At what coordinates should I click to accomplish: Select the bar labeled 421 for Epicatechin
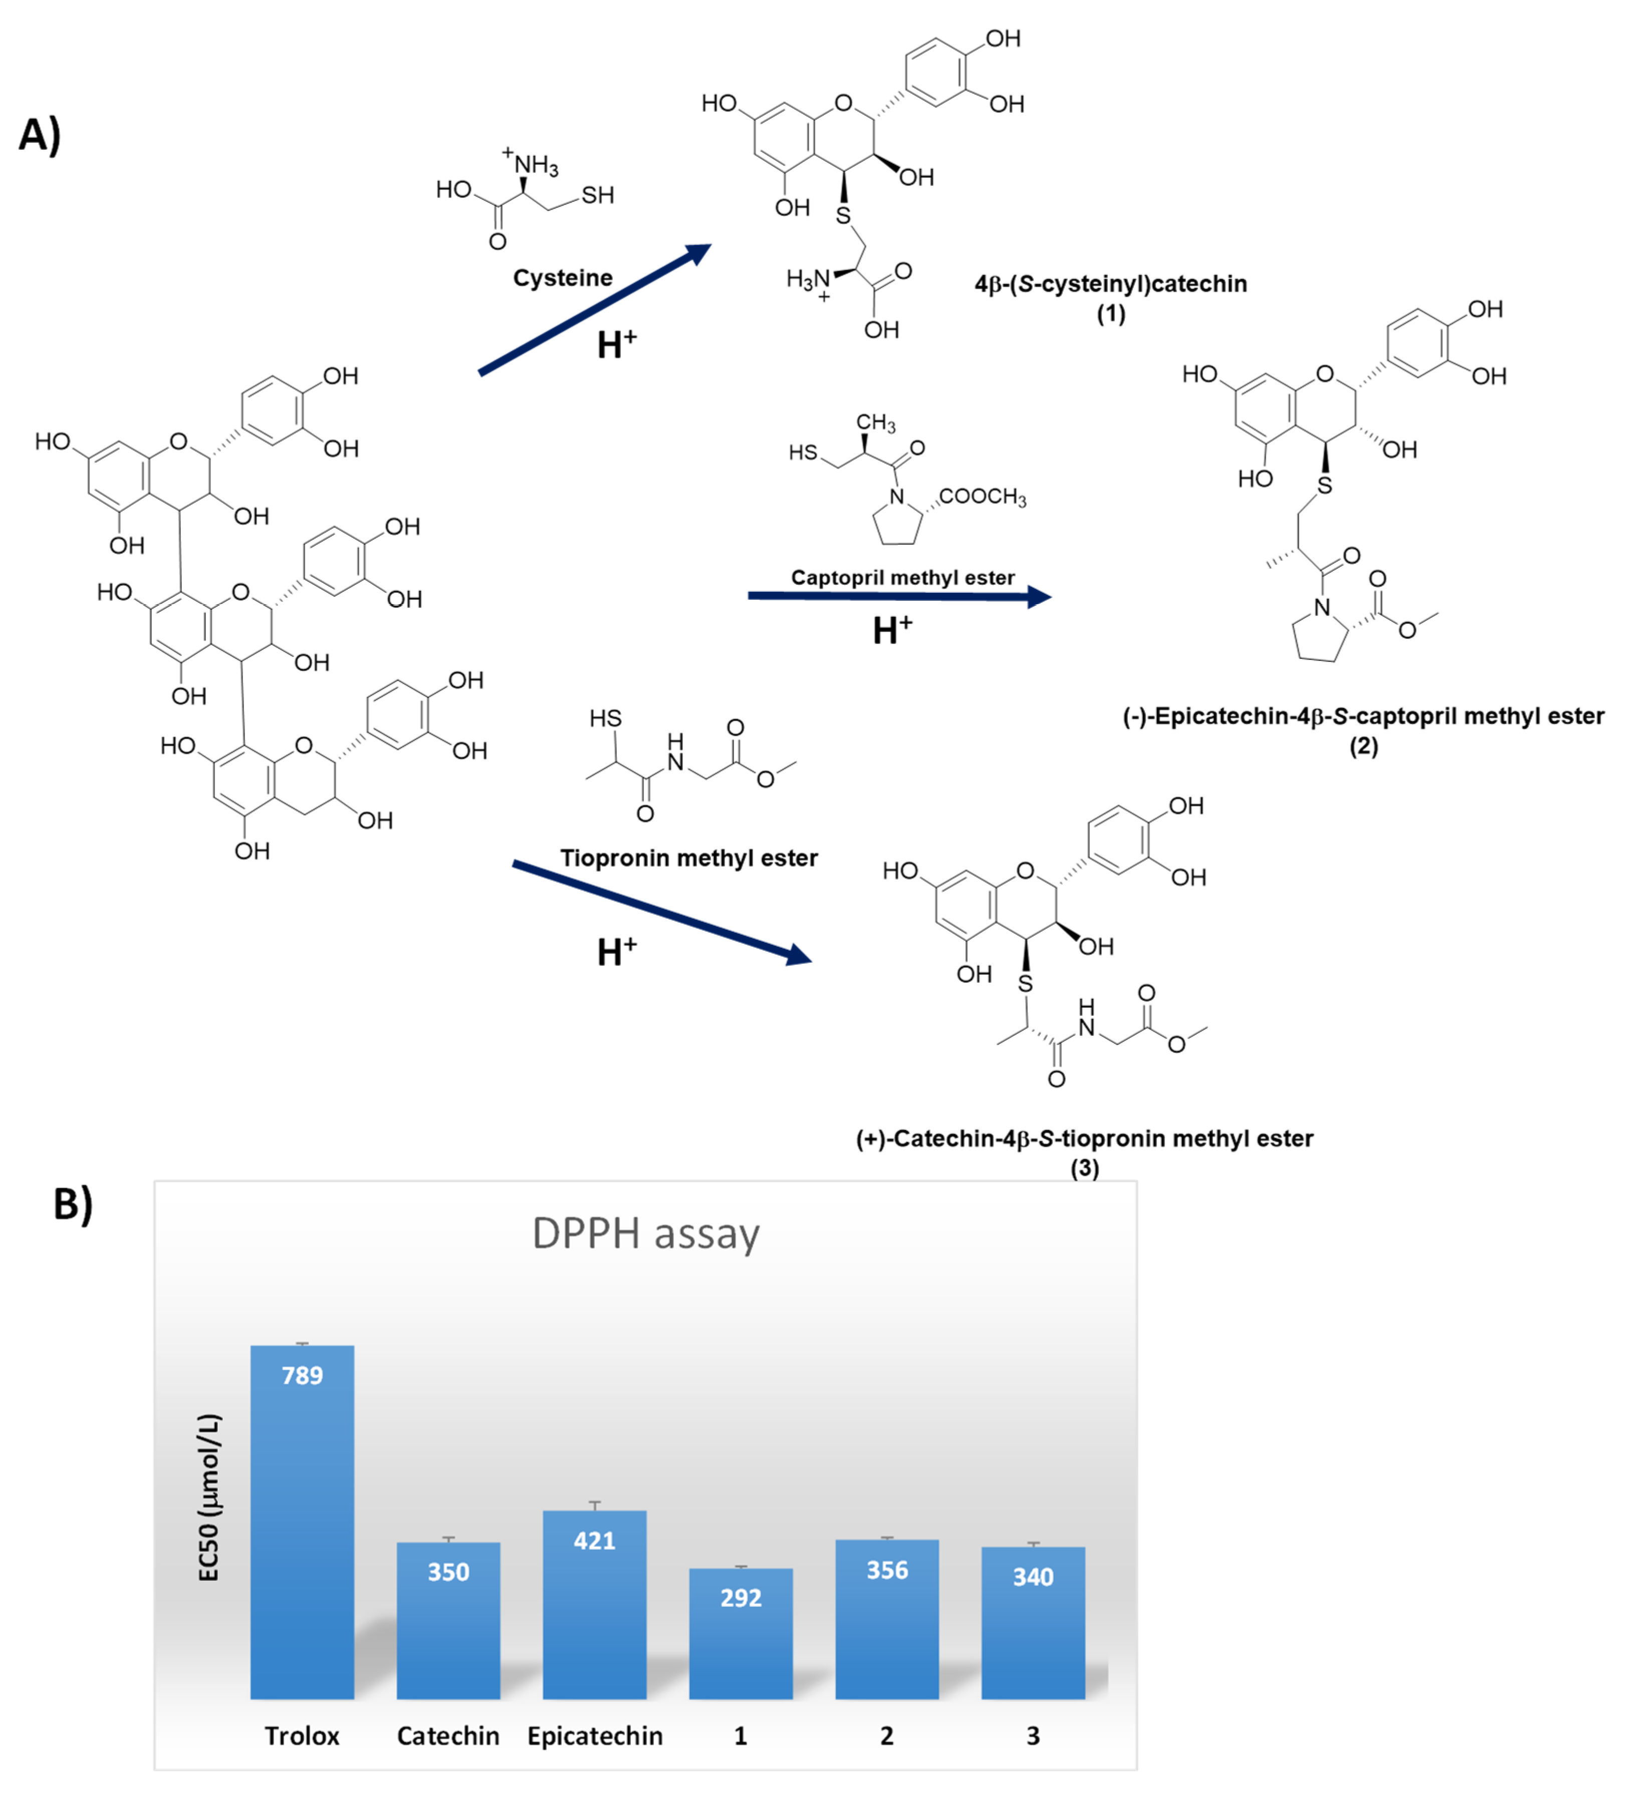click(x=594, y=1607)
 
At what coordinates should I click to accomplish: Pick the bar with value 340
click(x=1033, y=1625)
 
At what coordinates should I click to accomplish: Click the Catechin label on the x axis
click(x=448, y=1736)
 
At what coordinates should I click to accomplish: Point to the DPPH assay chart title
click(x=645, y=1234)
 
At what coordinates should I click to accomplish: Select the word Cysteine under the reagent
click(x=562, y=278)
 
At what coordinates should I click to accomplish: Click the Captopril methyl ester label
click(x=902, y=578)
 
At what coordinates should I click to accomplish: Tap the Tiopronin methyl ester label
click(x=689, y=858)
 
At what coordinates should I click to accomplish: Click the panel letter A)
click(x=40, y=135)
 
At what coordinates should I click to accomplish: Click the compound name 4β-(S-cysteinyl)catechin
click(x=1110, y=284)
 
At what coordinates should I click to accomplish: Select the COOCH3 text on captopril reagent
click(x=982, y=497)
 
